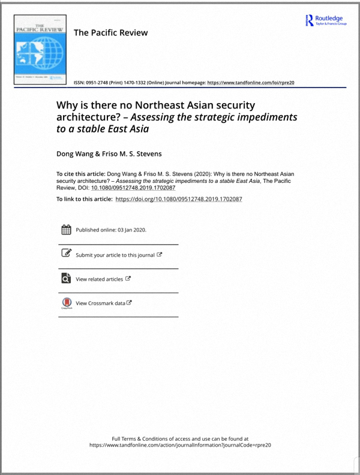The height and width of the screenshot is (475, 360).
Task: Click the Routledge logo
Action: pos(326,20)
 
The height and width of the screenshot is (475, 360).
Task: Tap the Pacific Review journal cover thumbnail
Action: pos(40,53)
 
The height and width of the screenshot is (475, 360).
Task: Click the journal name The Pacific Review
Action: pos(110,32)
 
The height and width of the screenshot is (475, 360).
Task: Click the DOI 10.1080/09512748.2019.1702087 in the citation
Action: pos(133,187)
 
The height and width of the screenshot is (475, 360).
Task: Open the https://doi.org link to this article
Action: pos(178,199)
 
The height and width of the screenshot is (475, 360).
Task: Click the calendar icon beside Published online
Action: pos(67,230)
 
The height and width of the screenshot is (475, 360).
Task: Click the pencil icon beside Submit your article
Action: pos(67,254)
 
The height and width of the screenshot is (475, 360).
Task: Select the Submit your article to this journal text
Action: pos(115,255)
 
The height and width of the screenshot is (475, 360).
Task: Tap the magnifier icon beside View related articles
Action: pos(67,278)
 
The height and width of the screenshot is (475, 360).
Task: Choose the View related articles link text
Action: pos(99,279)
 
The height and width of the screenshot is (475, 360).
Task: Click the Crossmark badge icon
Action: pos(67,303)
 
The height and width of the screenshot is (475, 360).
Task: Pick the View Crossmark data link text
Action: pos(100,303)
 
